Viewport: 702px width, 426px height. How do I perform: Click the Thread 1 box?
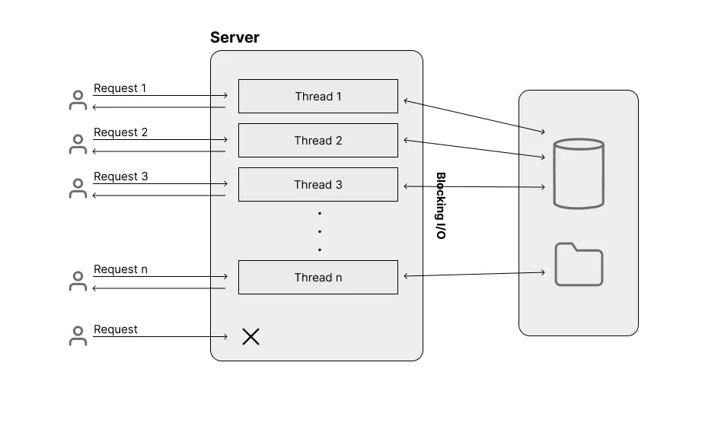click(x=317, y=96)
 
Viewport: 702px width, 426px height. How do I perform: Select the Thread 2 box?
click(x=317, y=140)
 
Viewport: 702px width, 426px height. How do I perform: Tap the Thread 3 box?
click(x=317, y=184)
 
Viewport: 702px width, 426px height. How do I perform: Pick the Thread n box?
click(x=317, y=277)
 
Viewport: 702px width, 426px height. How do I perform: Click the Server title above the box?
click(x=235, y=37)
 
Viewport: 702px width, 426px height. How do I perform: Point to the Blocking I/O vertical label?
click(x=441, y=205)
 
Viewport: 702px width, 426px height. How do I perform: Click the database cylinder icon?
click(x=579, y=173)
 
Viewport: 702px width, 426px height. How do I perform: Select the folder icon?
click(x=579, y=265)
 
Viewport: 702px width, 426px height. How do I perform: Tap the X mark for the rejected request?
click(x=250, y=336)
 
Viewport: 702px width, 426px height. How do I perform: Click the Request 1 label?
click(x=120, y=88)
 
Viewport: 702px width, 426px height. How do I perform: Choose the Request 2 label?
click(x=120, y=132)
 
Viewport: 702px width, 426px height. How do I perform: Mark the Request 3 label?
click(x=120, y=176)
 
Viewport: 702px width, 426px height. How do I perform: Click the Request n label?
click(x=120, y=269)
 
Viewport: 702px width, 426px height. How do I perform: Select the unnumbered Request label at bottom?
click(x=116, y=329)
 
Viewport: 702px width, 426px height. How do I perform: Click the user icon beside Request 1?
click(x=78, y=100)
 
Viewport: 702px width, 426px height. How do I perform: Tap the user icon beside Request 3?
click(x=78, y=189)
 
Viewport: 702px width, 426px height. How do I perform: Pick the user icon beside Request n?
click(x=78, y=281)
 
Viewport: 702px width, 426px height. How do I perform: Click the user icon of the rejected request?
click(x=78, y=336)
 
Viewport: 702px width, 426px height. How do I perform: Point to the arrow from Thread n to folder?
click(x=474, y=274)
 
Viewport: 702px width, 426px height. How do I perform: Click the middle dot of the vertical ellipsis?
click(x=320, y=231)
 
